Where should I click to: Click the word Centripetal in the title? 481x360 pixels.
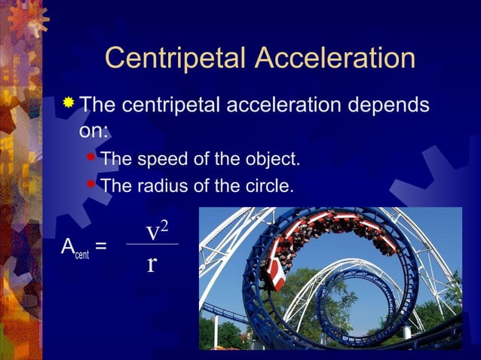[176, 59]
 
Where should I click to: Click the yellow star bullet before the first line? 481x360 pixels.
[69, 102]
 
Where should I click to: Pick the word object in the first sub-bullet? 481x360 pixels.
[270, 159]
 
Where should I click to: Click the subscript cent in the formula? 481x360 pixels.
[81, 254]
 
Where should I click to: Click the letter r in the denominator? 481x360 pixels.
[152, 264]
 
